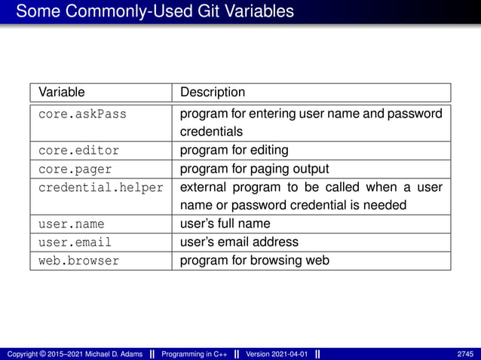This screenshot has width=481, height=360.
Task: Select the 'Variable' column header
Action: (62, 93)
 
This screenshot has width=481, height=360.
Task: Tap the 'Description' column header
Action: (213, 93)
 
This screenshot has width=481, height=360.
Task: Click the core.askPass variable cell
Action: (82, 114)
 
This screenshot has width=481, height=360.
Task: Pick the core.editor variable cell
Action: (78, 150)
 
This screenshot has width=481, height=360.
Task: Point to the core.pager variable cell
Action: (75, 168)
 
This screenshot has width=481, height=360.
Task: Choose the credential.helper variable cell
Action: (100, 187)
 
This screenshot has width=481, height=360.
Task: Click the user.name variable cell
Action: (72, 224)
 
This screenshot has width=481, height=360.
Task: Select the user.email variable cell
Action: (75, 243)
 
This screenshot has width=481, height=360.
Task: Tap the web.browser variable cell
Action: (78, 261)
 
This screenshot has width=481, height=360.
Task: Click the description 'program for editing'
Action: (234, 150)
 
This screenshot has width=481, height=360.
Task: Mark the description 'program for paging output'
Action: (254, 168)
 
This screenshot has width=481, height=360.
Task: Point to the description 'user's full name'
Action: (225, 224)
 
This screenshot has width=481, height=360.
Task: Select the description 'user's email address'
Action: (239, 243)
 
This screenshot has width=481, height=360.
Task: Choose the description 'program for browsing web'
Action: (254, 261)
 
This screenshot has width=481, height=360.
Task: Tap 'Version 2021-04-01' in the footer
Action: (277, 354)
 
